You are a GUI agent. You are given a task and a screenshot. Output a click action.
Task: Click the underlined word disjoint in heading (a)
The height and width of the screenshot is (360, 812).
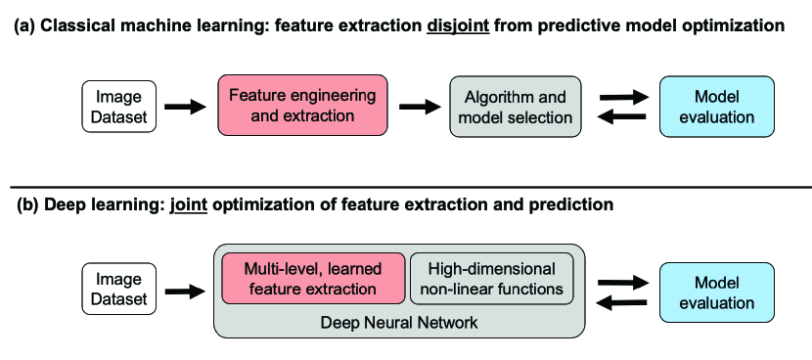pos(458,25)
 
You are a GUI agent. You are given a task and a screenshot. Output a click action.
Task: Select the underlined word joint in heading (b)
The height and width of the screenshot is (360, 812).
pos(189,204)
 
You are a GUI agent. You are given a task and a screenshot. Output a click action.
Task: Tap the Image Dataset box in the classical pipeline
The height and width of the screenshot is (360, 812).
pos(118,107)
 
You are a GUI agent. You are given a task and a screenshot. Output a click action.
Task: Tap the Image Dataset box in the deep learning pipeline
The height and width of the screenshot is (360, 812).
pos(118,289)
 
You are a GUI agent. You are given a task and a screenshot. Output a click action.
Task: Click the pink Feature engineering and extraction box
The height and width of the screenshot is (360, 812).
pos(302,105)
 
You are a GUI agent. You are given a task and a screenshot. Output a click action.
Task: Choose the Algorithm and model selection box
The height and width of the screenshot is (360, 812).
pos(516,107)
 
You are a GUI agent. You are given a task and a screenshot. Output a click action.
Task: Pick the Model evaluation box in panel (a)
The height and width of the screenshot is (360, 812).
pos(717,107)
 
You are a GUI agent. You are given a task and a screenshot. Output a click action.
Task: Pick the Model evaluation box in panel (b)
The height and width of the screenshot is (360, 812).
pos(717,292)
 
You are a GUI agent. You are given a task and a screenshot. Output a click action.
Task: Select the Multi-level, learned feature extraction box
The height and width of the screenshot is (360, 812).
pos(313,278)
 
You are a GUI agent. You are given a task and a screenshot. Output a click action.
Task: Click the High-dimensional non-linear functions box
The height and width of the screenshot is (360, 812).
pos(491,278)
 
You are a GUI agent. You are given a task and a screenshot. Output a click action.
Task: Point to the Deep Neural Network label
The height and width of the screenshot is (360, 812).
pos(399,323)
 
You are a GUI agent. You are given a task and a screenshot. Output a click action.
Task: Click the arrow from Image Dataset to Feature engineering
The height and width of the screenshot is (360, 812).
pos(186,107)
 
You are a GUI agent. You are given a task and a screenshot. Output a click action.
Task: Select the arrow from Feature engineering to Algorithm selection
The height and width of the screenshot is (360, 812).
pos(420,107)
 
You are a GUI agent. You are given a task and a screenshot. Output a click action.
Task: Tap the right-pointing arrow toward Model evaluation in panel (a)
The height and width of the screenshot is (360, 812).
pos(623,97)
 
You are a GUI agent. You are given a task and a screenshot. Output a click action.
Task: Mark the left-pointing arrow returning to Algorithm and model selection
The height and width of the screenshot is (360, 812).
pos(622,117)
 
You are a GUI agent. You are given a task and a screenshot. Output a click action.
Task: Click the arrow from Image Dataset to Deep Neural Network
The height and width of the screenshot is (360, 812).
pos(186,292)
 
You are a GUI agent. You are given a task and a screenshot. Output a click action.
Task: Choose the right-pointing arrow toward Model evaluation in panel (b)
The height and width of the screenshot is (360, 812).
pos(623,283)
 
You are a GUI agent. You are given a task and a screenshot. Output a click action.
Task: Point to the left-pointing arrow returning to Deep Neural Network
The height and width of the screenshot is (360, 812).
pos(622,302)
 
